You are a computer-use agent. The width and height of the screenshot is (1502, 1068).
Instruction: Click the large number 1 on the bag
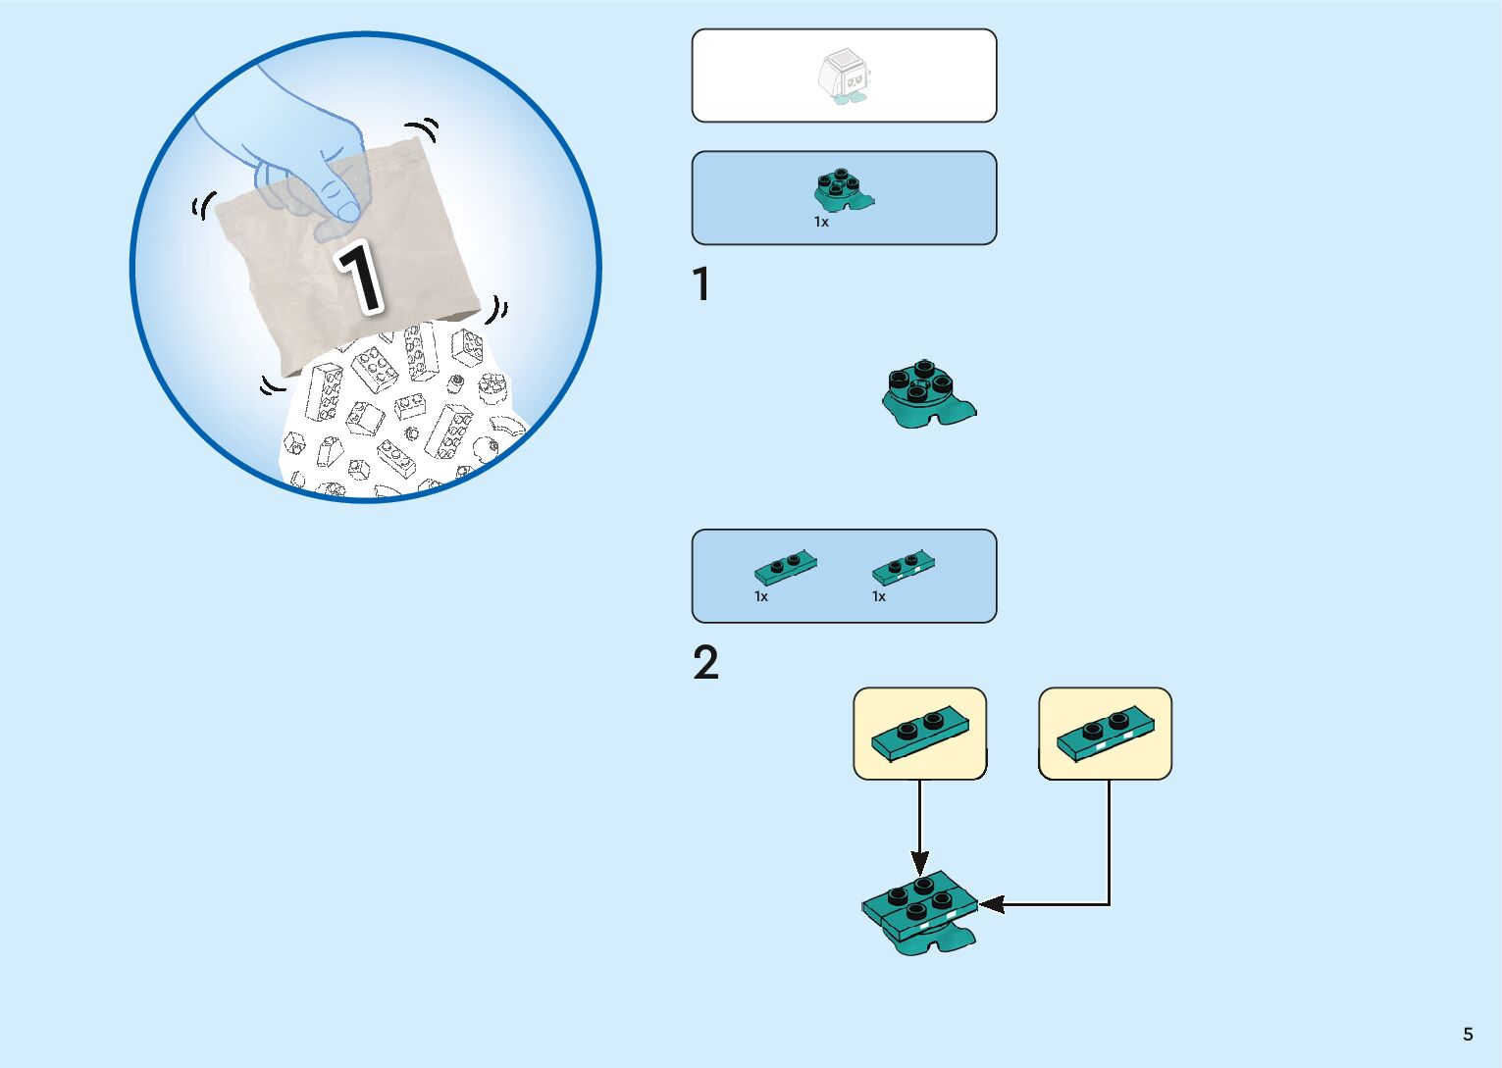360,278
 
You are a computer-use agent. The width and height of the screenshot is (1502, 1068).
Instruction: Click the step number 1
700,285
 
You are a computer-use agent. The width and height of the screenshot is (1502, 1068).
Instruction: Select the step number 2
705,664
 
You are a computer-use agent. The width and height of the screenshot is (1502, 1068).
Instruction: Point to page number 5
1468,1035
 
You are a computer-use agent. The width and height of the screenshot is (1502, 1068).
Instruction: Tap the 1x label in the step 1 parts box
821,223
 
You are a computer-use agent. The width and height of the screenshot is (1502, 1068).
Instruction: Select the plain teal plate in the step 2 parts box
786,566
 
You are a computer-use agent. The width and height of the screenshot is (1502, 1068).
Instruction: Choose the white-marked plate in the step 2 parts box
904,566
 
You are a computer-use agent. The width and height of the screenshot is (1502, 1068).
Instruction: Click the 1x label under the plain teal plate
761,596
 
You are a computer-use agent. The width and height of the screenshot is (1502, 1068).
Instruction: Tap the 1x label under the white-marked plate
879,596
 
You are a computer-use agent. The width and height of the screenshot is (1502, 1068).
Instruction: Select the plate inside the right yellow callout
1106,734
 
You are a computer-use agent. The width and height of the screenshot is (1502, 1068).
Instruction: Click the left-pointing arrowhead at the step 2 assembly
991,904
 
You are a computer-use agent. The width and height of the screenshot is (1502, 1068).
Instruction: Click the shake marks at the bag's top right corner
425,129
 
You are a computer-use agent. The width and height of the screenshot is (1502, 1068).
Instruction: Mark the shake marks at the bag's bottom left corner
271,385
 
